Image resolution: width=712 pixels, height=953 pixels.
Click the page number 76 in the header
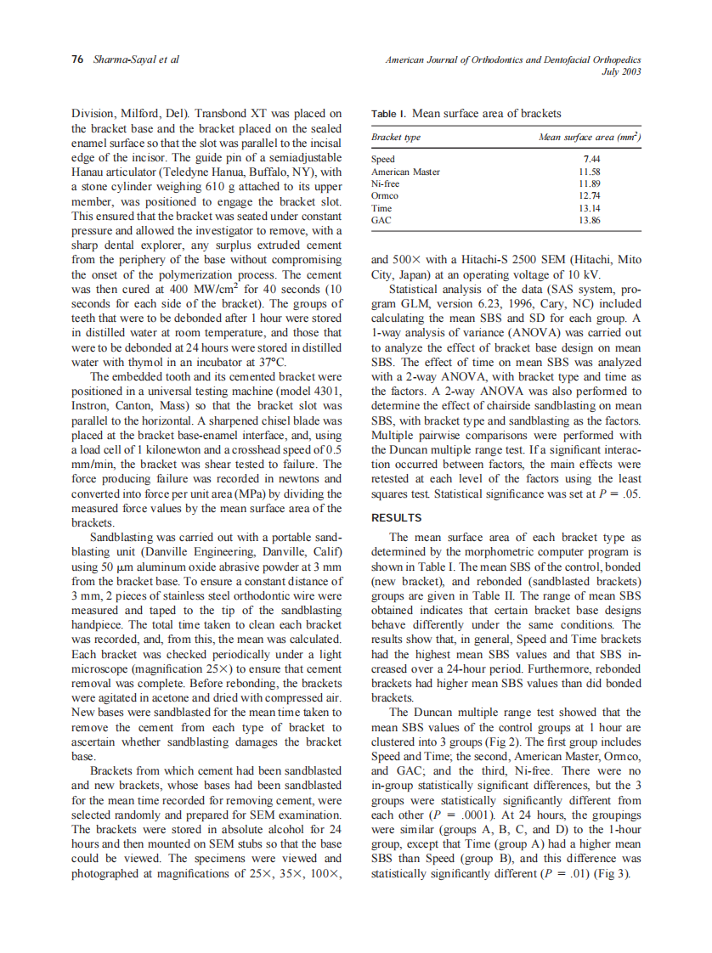coord(76,60)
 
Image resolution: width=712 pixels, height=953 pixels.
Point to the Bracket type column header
coord(396,137)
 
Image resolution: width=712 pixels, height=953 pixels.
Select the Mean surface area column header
coord(590,137)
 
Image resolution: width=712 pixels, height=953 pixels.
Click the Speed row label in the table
coord(384,159)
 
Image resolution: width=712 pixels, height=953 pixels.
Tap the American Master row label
coord(406,171)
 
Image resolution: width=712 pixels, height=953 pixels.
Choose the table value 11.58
coord(590,171)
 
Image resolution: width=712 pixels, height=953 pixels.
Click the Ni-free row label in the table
coord(386,183)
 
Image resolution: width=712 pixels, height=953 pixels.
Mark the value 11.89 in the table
coord(590,183)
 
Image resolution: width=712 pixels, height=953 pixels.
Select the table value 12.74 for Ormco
coord(590,195)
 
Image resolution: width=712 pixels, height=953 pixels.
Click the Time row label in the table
coord(381,207)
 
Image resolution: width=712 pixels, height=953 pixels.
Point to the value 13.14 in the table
coord(590,207)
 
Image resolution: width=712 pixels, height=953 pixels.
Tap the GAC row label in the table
coord(381,219)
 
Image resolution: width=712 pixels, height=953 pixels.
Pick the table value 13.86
coord(590,219)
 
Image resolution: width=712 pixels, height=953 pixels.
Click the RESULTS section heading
coord(396,517)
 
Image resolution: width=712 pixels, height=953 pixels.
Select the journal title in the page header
coord(512,60)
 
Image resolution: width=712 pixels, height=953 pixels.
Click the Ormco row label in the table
coord(385,195)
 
